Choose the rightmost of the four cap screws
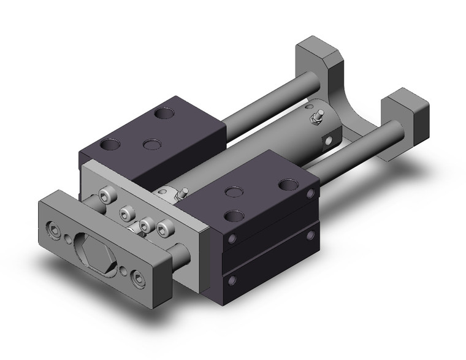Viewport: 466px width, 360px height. click(163, 229)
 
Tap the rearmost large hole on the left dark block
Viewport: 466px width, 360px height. click(163, 113)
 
